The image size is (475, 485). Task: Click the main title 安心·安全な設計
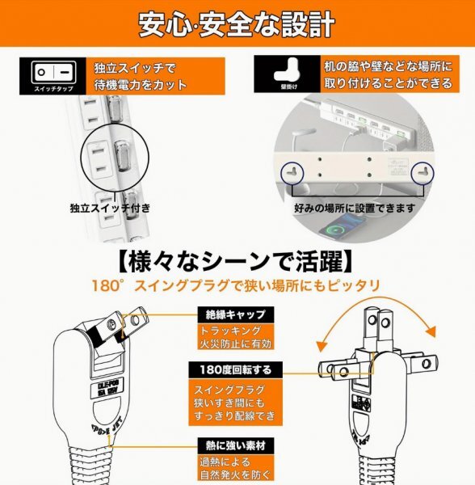point(236,24)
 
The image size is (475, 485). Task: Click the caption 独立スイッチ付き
point(109,208)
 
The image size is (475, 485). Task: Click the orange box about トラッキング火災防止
point(235,338)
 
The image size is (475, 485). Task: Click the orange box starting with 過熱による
point(235,469)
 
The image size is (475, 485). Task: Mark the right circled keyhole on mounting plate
point(421,172)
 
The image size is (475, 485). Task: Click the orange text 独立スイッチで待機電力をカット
point(141,75)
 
